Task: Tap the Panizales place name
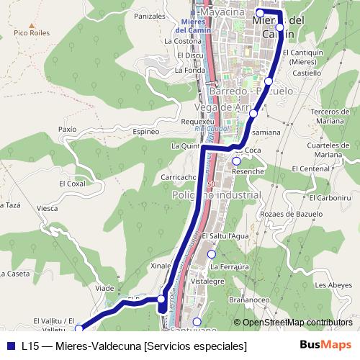coord(150,15)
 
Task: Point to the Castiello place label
coord(307,73)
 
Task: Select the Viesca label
coord(48,208)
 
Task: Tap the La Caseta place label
coord(14,274)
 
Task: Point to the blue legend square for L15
coord(11,346)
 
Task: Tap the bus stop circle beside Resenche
coord(236,161)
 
